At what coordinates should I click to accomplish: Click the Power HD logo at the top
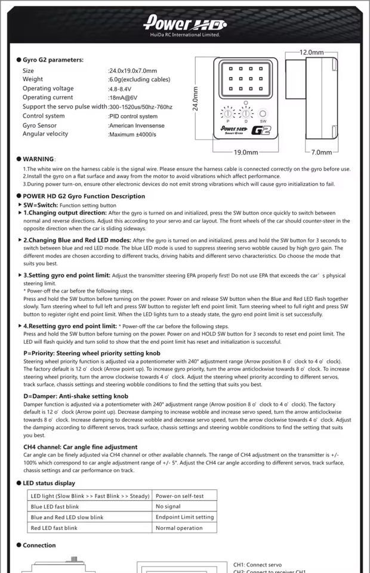coord(185,24)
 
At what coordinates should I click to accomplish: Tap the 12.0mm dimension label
coord(312,53)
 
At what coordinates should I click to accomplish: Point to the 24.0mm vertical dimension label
coord(195,98)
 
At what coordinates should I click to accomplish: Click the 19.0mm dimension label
coord(246,152)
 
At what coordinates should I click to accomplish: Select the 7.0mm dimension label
coord(322,152)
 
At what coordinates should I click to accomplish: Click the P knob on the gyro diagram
coord(227,113)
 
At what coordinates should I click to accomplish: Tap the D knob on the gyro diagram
coord(245,113)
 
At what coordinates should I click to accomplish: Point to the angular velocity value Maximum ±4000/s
coord(132,134)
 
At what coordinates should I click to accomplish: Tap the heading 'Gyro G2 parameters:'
coord(53,60)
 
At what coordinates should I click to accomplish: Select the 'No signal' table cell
coord(168,506)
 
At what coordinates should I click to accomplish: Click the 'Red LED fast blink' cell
coord(54,528)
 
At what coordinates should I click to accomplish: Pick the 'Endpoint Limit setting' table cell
coord(184,517)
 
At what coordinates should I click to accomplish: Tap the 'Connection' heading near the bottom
coord(39,545)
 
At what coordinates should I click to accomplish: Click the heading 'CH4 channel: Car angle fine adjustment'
coord(81,446)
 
